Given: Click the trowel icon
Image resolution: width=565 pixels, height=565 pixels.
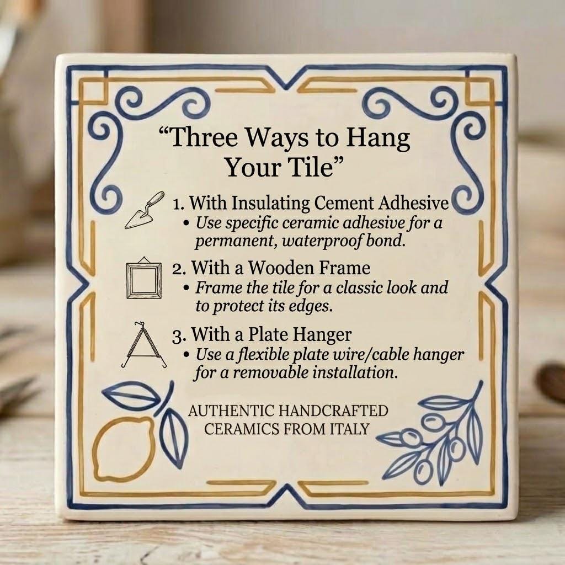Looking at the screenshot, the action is point(144,211).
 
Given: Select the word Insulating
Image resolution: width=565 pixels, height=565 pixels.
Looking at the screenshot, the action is point(270,204).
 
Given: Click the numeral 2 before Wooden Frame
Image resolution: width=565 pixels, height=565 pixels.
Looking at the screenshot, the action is point(177,269).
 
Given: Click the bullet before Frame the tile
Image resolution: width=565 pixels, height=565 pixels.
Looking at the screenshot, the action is point(186,289).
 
